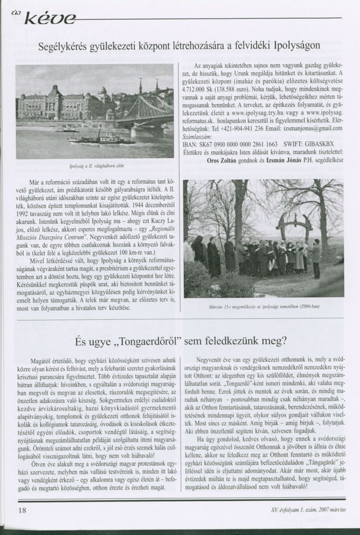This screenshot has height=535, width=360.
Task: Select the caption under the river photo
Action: coord(94,166)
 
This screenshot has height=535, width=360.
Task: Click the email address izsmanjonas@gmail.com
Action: coord(312,128)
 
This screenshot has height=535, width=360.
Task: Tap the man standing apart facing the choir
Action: coord(316,258)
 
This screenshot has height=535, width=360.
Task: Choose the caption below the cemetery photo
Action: coord(264,307)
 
